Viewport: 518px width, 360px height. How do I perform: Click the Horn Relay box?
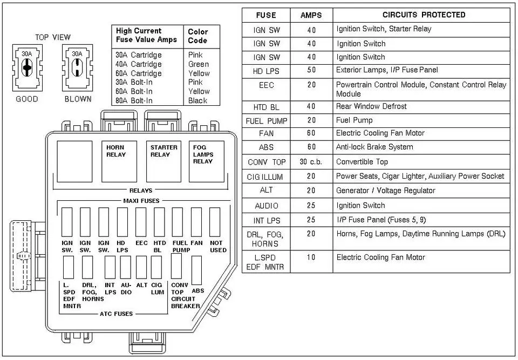pyautogui.click(x=119, y=162)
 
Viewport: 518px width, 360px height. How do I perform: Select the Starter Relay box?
pyautogui.click(x=163, y=162)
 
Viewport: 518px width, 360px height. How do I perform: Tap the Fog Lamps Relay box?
pyautogui.click(x=207, y=162)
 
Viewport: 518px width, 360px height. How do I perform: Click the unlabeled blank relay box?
pyautogui.click(x=74, y=162)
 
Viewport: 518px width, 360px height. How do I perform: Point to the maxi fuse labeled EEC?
pyautogui.click(x=141, y=222)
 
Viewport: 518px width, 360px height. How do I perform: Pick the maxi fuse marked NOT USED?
pyautogui.click(x=215, y=222)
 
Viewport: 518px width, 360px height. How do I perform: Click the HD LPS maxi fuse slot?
pyautogui.click(x=122, y=222)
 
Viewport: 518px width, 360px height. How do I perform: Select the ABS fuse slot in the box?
pyautogui.click(x=196, y=270)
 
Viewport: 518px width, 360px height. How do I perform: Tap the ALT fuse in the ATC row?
pyautogui.click(x=141, y=267)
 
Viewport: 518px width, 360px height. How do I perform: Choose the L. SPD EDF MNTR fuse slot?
pyautogui.click(x=69, y=267)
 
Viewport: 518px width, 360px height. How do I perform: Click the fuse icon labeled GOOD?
pyautogui.click(x=28, y=68)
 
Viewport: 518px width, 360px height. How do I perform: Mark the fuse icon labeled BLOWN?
pyautogui.click(x=77, y=68)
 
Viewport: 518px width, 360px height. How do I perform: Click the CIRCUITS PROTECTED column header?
pyautogui.click(x=424, y=15)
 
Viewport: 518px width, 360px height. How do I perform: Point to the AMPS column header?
pyautogui.click(x=311, y=15)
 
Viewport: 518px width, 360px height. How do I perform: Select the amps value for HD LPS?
pyautogui.click(x=311, y=70)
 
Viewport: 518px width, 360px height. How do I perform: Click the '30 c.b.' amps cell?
pyautogui.click(x=311, y=162)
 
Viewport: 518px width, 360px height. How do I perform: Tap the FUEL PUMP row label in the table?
pyautogui.click(x=267, y=121)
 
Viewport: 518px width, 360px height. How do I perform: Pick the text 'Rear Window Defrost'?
pyautogui.click(x=371, y=106)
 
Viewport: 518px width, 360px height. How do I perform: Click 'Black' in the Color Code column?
pyautogui.click(x=197, y=100)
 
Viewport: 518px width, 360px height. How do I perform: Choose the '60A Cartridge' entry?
pyautogui.click(x=139, y=73)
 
